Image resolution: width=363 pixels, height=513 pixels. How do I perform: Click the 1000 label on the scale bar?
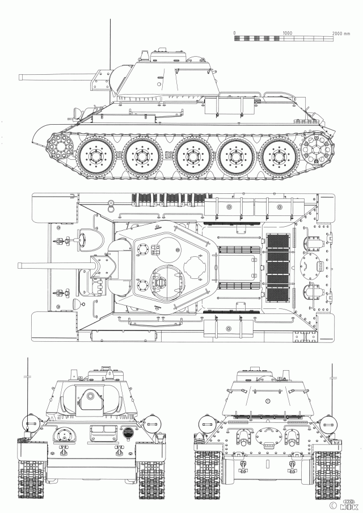point(286,33)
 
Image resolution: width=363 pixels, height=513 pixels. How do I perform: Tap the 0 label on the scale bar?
point(234,33)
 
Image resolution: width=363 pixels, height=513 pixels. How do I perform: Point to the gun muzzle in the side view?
point(21,76)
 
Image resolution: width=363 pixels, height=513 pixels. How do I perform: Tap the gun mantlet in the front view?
point(88,398)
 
